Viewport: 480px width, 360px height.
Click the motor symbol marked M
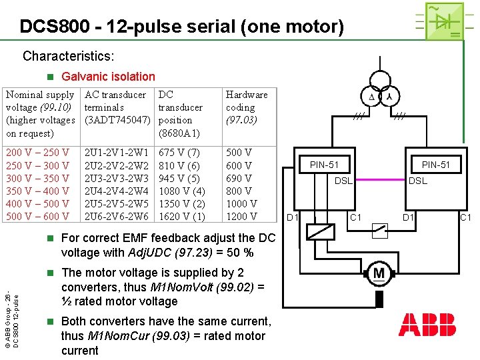click(379, 274)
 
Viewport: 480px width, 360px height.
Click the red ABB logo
click(427, 325)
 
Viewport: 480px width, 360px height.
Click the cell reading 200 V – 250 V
click(37, 153)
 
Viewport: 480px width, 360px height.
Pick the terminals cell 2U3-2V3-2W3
click(117, 178)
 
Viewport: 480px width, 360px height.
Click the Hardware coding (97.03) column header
click(247, 107)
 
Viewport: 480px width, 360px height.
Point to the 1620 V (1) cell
click(181, 216)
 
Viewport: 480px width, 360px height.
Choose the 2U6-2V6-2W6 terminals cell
click(117, 216)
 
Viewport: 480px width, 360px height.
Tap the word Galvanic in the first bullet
click(82, 77)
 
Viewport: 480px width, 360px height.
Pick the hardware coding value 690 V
click(239, 178)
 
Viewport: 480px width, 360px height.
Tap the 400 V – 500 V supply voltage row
click(37, 203)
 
